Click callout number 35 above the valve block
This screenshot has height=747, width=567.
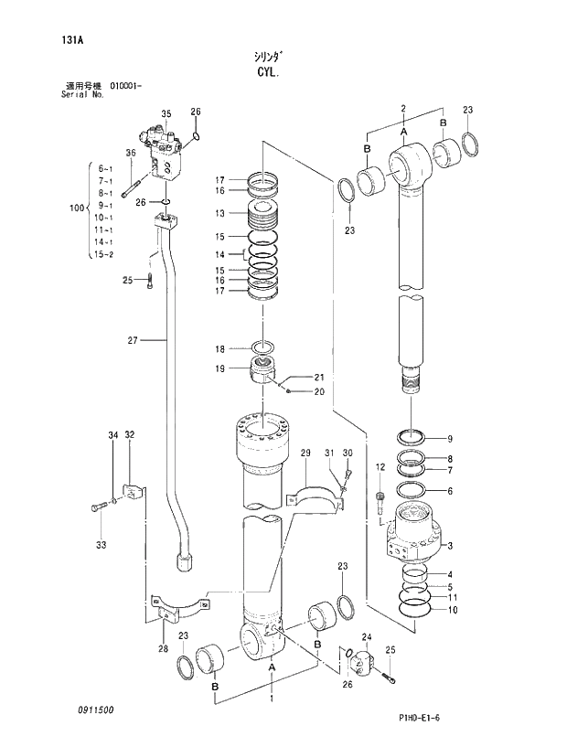coord(166,113)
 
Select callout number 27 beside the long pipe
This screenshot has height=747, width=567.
coord(132,340)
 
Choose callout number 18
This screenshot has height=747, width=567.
coord(219,349)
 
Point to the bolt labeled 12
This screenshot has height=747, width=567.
coord(380,498)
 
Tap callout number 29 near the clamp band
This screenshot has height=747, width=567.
coord(305,453)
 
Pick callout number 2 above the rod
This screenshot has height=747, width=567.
coord(402,109)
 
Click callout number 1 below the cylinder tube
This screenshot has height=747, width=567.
coord(271,698)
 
